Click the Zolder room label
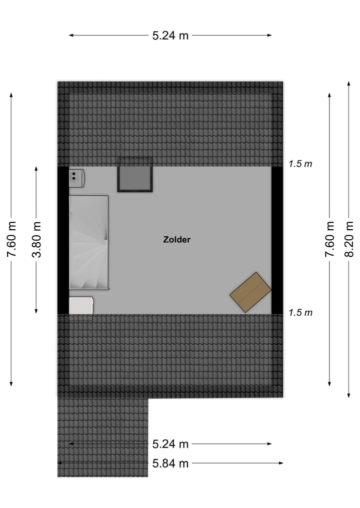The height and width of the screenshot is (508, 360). tap(176, 240)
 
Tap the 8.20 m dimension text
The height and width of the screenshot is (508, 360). tap(349, 239)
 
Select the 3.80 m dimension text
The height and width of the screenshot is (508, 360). tap(36, 239)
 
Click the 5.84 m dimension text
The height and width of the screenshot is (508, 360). tap(170, 464)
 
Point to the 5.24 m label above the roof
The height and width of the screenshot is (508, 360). tap(170, 35)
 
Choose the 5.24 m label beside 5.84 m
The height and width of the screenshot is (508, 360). tap(170, 444)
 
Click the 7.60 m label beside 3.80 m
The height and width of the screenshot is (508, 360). tap(11, 239)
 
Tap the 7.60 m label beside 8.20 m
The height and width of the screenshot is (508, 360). tap(329, 239)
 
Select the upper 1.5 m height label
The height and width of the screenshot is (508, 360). tap(300, 164)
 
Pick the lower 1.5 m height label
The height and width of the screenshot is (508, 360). tap(300, 313)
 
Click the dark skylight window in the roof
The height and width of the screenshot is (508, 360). tap(134, 175)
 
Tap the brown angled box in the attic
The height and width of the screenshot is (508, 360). tap(250, 292)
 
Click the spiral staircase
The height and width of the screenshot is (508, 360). tap(88, 242)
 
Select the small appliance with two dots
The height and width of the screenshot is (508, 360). tap(76, 176)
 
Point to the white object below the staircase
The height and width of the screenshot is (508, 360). tap(81, 305)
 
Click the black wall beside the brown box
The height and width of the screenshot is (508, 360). tap(277, 240)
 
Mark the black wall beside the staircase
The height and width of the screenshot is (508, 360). tap(63, 240)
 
